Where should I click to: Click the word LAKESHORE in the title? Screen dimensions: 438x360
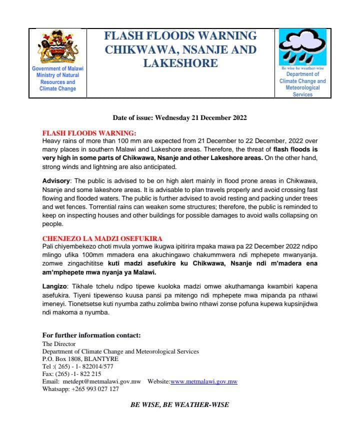tap(180, 63)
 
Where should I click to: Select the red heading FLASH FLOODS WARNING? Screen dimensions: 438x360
tap(89, 133)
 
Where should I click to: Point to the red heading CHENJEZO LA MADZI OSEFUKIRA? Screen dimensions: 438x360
tap(102, 238)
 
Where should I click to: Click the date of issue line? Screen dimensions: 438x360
tap(180, 118)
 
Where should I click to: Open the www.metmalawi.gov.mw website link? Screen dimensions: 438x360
tap(203, 381)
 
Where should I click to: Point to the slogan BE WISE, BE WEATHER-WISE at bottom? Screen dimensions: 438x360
tap(180, 404)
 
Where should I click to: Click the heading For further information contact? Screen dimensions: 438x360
tap(91, 335)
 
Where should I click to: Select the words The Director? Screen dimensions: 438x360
tap(59, 344)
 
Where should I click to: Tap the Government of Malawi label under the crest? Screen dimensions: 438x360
tap(57, 68)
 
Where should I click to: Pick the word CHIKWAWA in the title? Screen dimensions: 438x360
tap(133, 49)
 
